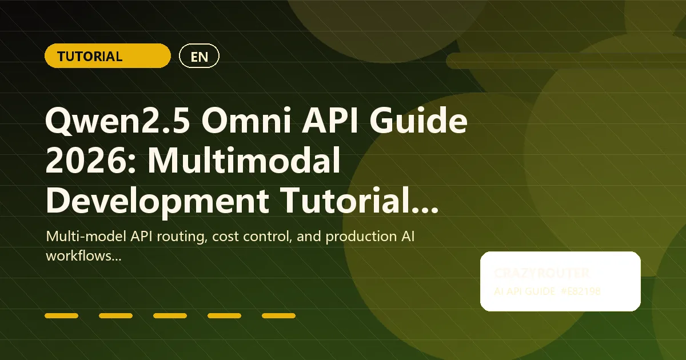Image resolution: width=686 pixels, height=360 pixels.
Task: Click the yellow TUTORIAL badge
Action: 107,56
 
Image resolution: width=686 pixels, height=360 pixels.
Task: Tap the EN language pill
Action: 199,56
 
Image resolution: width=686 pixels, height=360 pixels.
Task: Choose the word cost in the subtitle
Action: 226,237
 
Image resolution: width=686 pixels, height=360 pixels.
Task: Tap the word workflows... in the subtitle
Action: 83,257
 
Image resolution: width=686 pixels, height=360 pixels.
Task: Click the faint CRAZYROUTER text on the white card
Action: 541,274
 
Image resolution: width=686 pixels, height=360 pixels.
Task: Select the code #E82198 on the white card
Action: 580,291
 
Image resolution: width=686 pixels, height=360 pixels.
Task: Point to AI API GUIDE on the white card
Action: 525,291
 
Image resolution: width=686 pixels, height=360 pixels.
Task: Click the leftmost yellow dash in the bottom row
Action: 61,315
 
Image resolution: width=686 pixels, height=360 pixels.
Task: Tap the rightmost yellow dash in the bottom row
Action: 278,315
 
